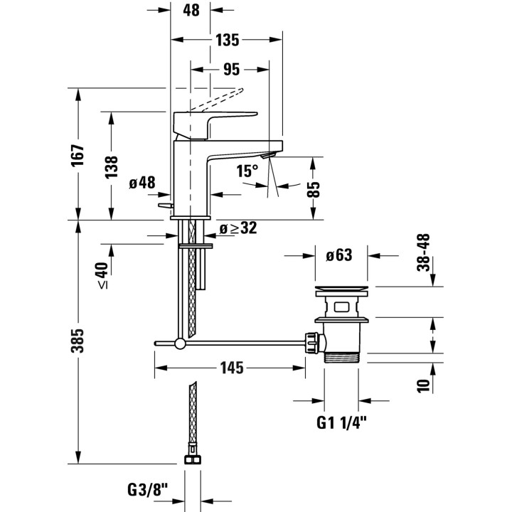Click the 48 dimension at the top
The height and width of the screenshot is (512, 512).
coord(192,11)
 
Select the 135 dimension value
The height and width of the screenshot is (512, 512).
coord(227,40)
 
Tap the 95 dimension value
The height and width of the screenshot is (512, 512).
coord(230,69)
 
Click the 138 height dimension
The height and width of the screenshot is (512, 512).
coord(112,166)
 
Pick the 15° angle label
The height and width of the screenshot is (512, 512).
coord(247,171)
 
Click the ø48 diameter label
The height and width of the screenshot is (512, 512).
coord(142,183)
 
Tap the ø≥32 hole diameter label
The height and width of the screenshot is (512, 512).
coord(238,228)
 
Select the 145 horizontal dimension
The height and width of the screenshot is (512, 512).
coord(231,368)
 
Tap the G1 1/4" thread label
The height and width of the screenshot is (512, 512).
coord(341,423)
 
